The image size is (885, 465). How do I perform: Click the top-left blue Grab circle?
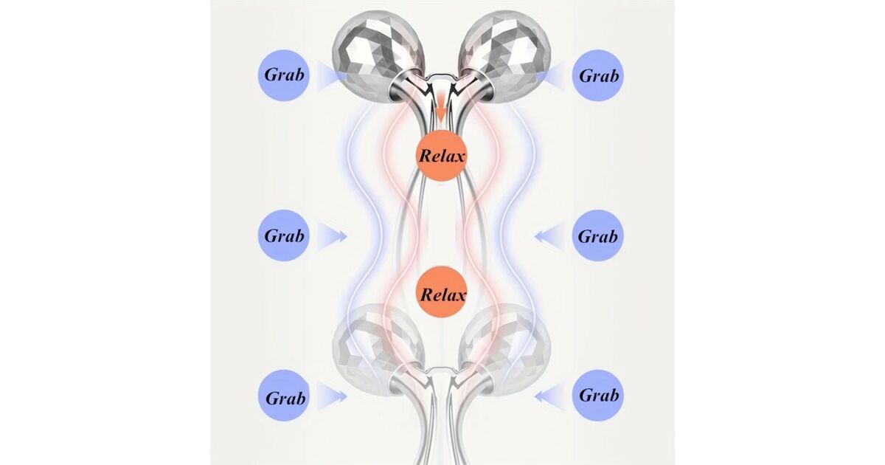point(284,75)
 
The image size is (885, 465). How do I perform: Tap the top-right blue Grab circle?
point(598,75)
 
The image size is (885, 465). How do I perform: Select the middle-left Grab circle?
point(284,235)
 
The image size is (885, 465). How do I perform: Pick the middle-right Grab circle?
point(598,235)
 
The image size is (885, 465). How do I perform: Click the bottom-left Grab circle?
point(284,396)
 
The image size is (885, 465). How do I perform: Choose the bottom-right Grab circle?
point(598,396)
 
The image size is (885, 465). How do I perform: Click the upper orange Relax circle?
point(442,156)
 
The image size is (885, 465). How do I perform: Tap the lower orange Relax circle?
point(442,292)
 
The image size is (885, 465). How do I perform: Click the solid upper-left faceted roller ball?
point(378,55)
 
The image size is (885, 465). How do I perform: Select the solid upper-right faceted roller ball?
point(505,55)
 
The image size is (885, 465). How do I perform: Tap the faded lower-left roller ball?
point(378,348)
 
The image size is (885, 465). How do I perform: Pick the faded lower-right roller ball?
point(506,348)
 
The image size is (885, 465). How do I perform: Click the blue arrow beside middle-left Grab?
point(332,236)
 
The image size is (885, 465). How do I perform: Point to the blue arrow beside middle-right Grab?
point(549,236)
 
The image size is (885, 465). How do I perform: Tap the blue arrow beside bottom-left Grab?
point(332,396)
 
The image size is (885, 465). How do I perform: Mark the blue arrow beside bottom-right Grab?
point(549,396)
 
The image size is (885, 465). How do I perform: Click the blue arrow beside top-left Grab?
point(332,77)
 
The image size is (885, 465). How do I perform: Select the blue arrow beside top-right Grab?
point(550,77)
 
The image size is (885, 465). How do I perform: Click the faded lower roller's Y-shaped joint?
point(441,380)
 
